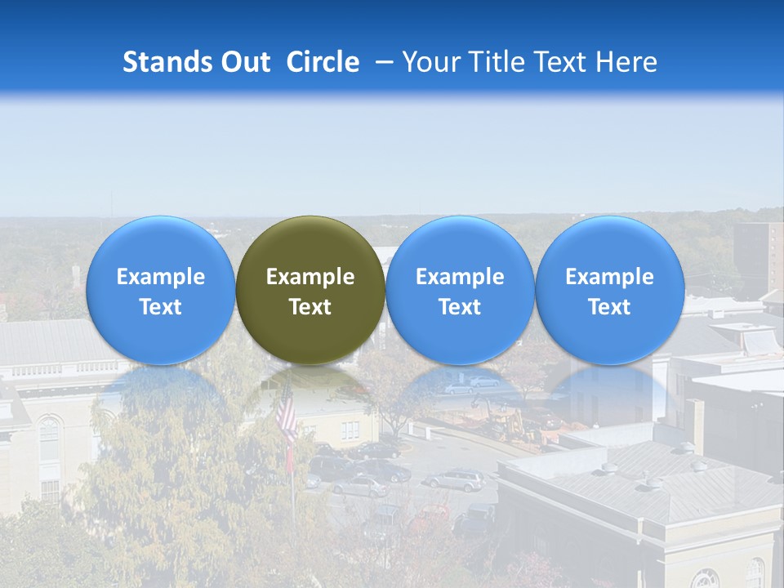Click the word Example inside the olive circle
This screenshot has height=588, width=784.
(x=310, y=277)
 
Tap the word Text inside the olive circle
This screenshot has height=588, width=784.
(x=310, y=307)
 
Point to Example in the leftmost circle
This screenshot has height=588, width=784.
(x=160, y=277)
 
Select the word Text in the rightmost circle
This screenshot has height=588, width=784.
(x=610, y=307)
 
